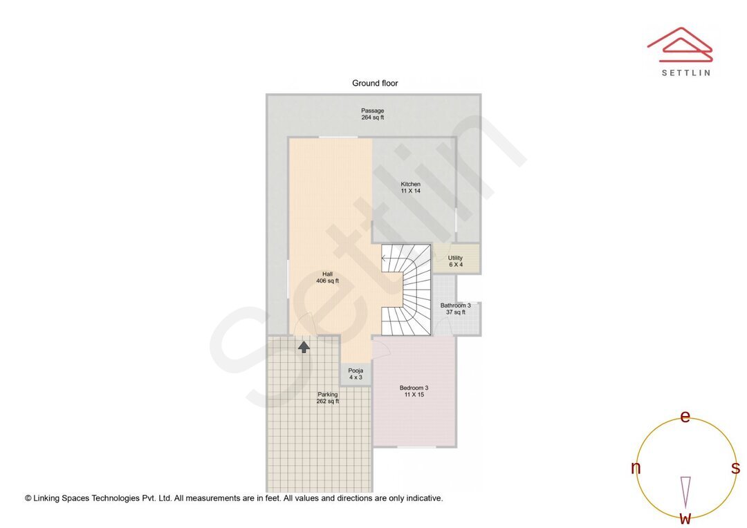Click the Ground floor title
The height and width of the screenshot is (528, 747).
click(x=375, y=83)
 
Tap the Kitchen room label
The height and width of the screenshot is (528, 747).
click(x=410, y=187)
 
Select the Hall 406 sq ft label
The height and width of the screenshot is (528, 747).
click(x=327, y=277)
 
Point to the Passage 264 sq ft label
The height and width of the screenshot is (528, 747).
click(x=372, y=114)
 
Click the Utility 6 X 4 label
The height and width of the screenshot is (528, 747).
click(x=455, y=261)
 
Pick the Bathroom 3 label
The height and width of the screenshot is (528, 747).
click(x=455, y=308)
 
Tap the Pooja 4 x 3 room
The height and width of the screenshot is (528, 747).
click(x=356, y=374)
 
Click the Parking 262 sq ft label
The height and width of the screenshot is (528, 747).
click(x=327, y=397)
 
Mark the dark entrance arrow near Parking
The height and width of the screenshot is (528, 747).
click(x=304, y=346)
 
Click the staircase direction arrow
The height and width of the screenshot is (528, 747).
click(x=385, y=259)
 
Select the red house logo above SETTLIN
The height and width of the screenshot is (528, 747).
click(x=679, y=44)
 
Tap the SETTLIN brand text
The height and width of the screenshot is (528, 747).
click(x=685, y=73)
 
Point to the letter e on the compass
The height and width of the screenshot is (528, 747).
click(x=685, y=416)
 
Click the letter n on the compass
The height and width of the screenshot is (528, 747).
click(x=636, y=468)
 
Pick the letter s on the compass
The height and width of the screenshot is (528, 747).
click(x=735, y=468)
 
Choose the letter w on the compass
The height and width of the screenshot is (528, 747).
click(x=685, y=518)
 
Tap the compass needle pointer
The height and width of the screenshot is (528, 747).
click(x=685, y=491)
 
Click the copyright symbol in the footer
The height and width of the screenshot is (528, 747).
click(x=28, y=498)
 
